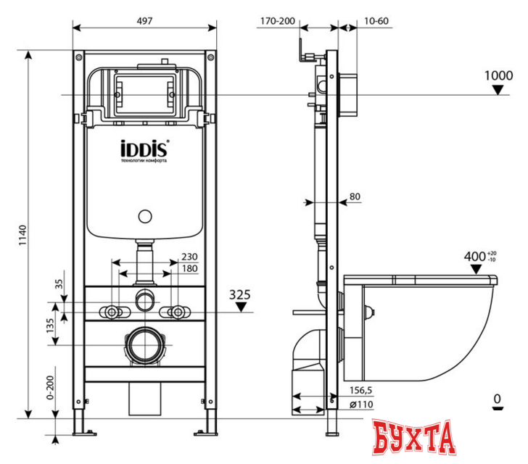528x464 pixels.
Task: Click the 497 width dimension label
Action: [x=144, y=22]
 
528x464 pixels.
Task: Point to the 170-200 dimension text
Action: [x=277, y=22]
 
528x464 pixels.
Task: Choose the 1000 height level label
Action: [x=498, y=75]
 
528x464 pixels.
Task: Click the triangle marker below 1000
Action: [x=498, y=90]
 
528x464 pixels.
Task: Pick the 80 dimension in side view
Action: [x=355, y=196]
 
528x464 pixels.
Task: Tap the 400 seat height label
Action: [x=476, y=257]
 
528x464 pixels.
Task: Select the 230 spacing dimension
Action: [x=189, y=257]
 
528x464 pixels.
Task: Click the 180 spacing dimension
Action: [x=189, y=269]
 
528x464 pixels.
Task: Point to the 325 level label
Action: [x=240, y=294]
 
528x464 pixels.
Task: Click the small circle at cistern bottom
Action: [x=144, y=216]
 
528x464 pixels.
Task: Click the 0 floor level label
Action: [x=497, y=398]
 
